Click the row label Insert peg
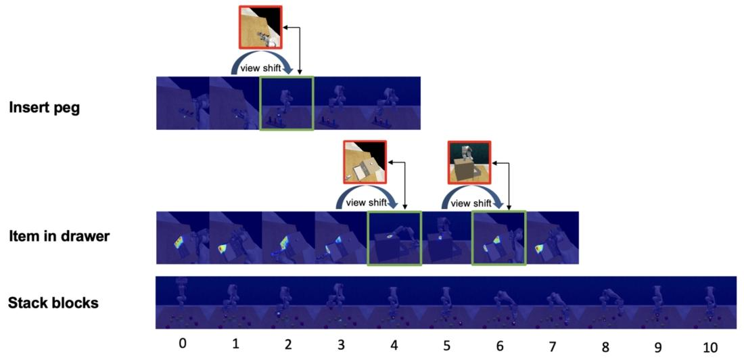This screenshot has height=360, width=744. [x=44, y=107]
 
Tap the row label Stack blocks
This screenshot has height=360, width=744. [x=53, y=302]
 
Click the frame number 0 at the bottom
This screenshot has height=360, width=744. [x=182, y=344]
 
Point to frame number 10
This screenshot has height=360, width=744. [x=710, y=346]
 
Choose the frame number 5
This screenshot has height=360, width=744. [x=446, y=345]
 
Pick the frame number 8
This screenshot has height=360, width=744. [x=605, y=346]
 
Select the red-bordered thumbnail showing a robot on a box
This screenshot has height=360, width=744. [x=469, y=162]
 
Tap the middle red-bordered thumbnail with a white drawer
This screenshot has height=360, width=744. [x=365, y=162]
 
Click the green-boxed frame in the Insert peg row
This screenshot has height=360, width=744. [x=287, y=103]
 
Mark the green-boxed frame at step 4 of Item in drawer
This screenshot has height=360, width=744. [x=394, y=238]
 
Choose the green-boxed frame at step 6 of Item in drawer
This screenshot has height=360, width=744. [x=499, y=238]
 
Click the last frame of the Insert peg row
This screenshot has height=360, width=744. [x=394, y=103]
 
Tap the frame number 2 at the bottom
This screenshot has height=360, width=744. [x=288, y=345]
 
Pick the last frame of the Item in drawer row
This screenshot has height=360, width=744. [x=553, y=238]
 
